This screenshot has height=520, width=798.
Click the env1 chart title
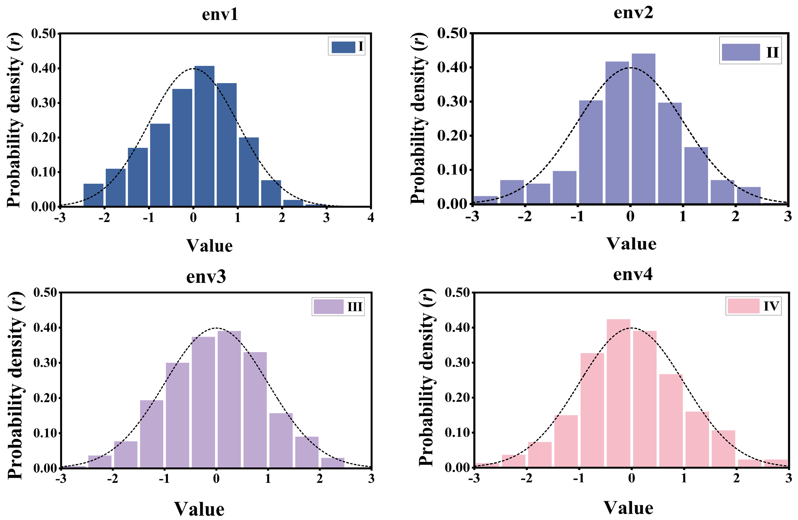pos(220,15)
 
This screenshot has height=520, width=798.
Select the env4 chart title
pos(633,275)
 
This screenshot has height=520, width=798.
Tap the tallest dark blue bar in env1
pos(204,136)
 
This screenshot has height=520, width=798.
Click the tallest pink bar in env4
pos(618,393)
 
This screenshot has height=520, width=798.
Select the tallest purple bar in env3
pos(229,399)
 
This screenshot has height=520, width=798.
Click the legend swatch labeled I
pos(343,47)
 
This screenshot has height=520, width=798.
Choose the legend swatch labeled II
pos(741,52)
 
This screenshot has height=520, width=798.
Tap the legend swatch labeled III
pos(328,307)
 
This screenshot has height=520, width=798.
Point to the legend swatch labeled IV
pos(743,306)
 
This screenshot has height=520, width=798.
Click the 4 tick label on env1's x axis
pos(371,218)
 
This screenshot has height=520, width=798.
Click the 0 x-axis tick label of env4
pos(631,478)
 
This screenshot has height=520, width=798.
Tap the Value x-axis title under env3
pos(199,509)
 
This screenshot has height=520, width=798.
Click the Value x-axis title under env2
pos(631,244)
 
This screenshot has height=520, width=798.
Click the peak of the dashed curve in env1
pos(193,68)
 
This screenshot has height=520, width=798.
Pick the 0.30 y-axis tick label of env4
pos(457,363)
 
